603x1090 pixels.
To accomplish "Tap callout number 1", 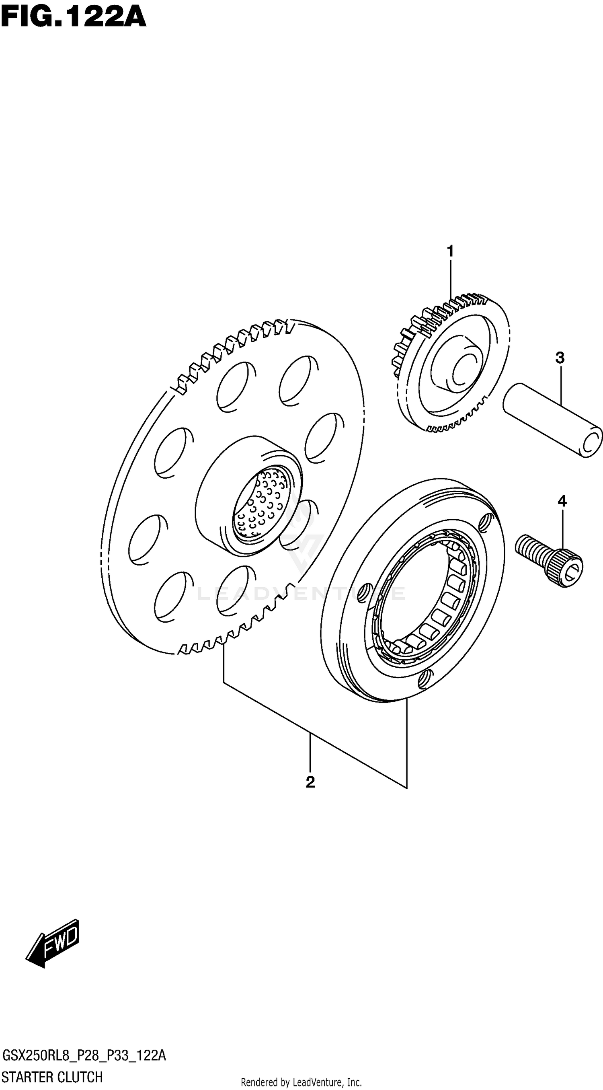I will click(450, 251).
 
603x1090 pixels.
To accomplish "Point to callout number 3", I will click(560, 358).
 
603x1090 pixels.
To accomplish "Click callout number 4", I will click(562, 502).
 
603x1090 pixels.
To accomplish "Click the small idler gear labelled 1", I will click(453, 364).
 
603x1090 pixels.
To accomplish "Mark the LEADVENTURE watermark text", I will click(301, 593).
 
